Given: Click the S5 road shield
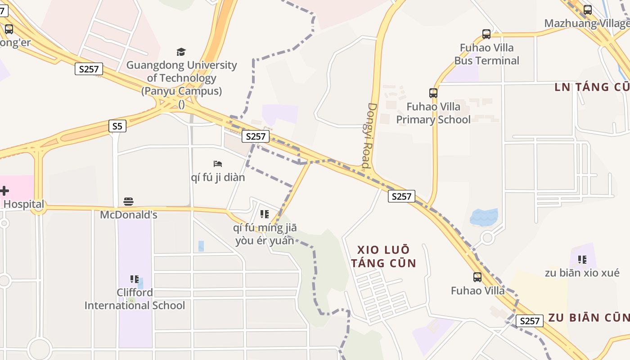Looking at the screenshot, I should point(117,126).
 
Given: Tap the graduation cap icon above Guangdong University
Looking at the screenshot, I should point(181,52).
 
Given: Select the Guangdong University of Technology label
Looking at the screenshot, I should point(181,78).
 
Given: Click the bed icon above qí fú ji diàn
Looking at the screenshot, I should point(218,163).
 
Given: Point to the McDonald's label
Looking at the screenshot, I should point(129,215).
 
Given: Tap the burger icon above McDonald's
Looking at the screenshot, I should point(129,201).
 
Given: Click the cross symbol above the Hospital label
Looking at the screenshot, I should point(4,191).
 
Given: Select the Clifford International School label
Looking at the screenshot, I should point(135,299).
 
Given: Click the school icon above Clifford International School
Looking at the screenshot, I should point(134,279).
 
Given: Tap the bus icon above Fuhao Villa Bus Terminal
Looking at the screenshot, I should point(486,34).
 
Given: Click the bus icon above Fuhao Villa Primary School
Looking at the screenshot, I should point(433,93).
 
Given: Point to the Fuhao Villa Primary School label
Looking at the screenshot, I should point(433,113).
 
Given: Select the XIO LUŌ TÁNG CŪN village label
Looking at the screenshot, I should point(383,256).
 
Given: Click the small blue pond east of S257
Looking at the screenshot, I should point(484,217).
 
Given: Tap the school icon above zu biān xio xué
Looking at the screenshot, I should point(582,260).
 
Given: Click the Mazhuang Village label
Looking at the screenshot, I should point(586,23).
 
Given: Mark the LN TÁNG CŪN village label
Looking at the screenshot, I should point(591,87).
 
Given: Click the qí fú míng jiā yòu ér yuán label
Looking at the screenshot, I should point(265,234).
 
